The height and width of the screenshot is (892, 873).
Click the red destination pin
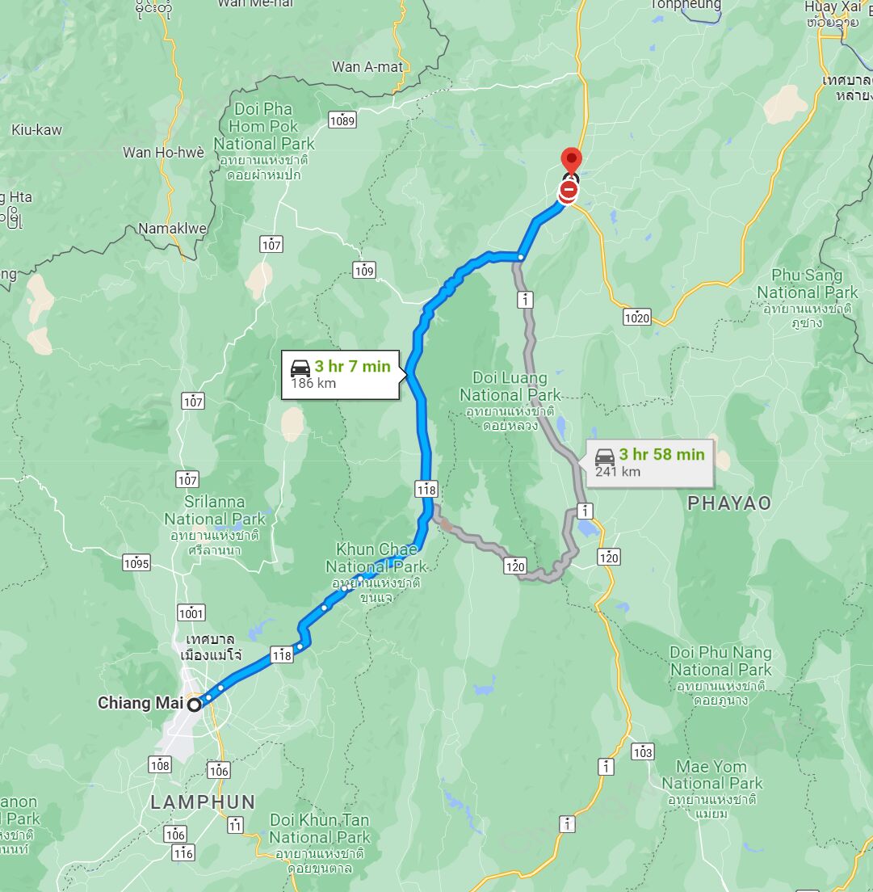pyautogui.click(x=572, y=160)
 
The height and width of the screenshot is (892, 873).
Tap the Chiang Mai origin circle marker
pyautogui.click(x=195, y=705)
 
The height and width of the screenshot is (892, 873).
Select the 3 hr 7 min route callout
pyautogui.click(x=340, y=374)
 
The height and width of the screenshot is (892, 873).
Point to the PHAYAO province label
pyautogui.click(x=729, y=503)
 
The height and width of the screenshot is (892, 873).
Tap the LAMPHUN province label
pyautogui.click(x=203, y=802)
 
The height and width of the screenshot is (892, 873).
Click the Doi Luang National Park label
pyautogui.click(x=510, y=387)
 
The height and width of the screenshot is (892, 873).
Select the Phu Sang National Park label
pyautogui.click(x=807, y=284)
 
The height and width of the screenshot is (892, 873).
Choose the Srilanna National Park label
pyautogui.click(x=214, y=511)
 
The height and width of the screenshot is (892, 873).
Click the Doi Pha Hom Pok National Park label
pyautogui.click(x=264, y=127)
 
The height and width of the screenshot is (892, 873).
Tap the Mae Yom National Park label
pyautogui.click(x=711, y=775)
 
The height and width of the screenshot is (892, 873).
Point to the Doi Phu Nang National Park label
pyautogui.click(x=720, y=661)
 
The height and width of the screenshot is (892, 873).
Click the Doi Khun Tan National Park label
pyautogui.click(x=320, y=829)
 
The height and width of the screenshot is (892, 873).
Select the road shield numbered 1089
pyautogui.click(x=342, y=120)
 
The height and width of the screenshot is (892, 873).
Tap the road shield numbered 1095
pyautogui.click(x=136, y=562)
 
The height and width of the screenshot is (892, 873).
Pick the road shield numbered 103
pyautogui.click(x=643, y=753)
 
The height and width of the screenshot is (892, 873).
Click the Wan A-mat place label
pyautogui.click(x=367, y=67)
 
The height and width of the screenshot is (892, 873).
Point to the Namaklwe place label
pyautogui.click(x=172, y=229)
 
